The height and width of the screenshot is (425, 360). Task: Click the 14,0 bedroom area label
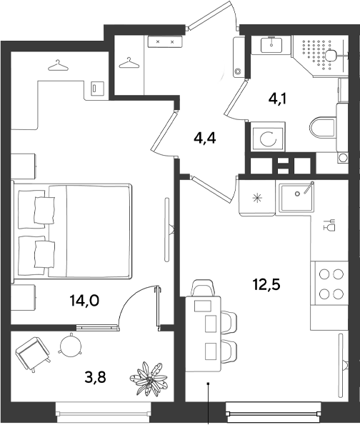(84, 301)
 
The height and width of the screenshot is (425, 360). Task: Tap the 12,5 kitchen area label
(266, 284)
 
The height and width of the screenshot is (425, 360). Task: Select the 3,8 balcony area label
(95, 377)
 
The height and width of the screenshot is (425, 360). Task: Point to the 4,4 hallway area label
(205, 139)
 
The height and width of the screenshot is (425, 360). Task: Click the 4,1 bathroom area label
(278, 99)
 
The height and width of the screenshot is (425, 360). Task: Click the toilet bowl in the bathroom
(323, 127)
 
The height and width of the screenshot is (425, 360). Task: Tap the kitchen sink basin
(296, 197)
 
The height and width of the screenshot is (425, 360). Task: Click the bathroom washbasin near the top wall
(271, 45)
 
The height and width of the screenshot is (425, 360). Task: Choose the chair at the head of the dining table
(203, 288)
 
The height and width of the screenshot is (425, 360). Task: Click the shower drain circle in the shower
(331, 56)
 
